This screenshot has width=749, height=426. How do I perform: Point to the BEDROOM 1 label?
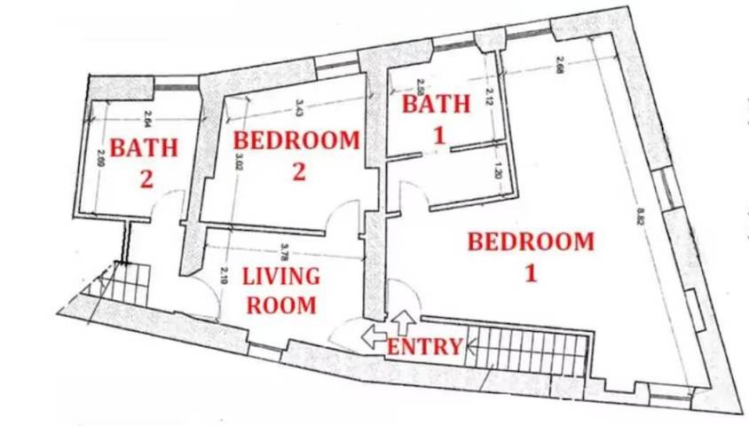click(531, 256)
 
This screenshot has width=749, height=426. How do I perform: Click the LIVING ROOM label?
click(282, 290)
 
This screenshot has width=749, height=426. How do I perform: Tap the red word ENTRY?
click(424, 347)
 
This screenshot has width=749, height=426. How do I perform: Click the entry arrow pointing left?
click(374, 336)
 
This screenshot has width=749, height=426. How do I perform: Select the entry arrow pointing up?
click(404, 320)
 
